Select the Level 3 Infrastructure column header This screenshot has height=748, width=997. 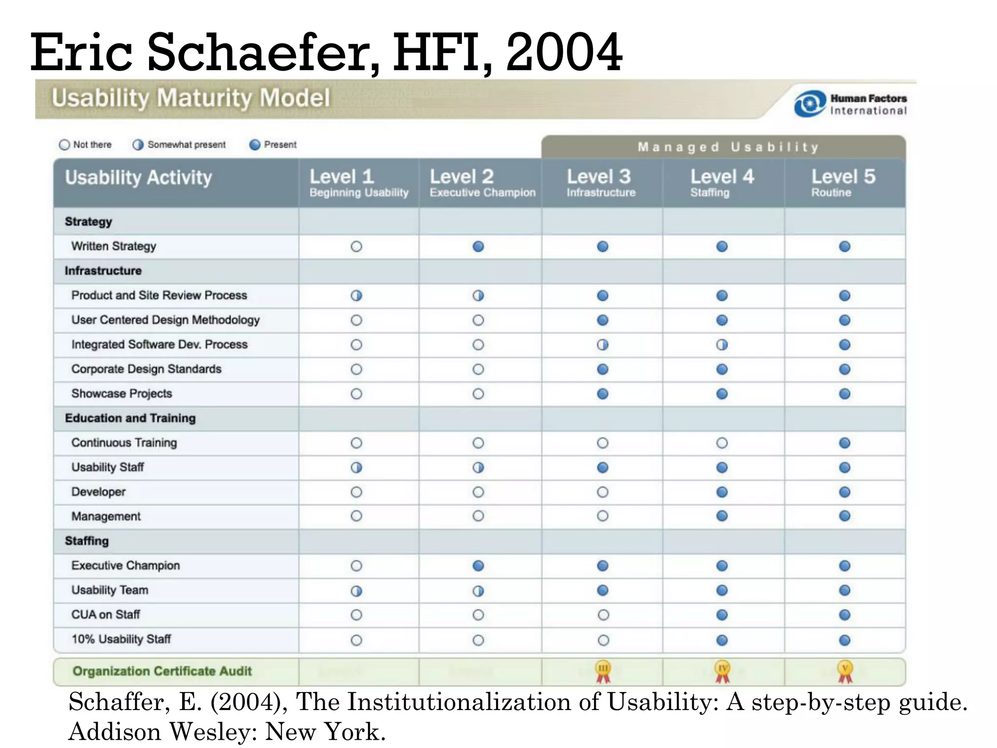pyautogui.click(x=601, y=183)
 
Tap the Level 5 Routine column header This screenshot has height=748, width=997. pyautogui.click(x=843, y=183)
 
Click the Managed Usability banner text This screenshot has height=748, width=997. pyautogui.click(x=728, y=147)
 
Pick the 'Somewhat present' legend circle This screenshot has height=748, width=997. pyautogui.click(x=138, y=145)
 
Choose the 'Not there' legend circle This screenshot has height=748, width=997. pyautogui.click(x=64, y=145)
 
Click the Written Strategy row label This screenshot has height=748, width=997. pyautogui.click(x=114, y=246)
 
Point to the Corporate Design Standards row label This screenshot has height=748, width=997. pyautogui.click(x=146, y=369)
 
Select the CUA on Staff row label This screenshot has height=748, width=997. pyautogui.click(x=106, y=615)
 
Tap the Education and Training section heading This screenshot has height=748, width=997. pyautogui.click(x=130, y=418)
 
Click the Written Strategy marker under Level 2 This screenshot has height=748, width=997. pyautogui.click(x=478, y=246)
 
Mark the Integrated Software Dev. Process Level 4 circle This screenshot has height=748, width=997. pyautogui.click(x=722, y=345)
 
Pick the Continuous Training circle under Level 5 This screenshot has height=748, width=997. pyautogui.click(x=845, y=443)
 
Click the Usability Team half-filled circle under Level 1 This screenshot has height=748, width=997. pyautogui.click(x=356, y=591)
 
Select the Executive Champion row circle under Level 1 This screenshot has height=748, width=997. pyautogui.click(x=356, y=566)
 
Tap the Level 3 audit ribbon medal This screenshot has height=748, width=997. pyautogui.click(x=603, y=671)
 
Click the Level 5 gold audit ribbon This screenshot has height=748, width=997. pyautogui.click(x=845, y=671)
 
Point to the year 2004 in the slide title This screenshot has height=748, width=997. pyautogui.click(x=564, y=53)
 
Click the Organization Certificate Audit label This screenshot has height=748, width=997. pyautogui.click(x=162, y=671)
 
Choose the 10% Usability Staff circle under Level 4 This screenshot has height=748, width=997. pyautogui.click(x=722, y=640)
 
